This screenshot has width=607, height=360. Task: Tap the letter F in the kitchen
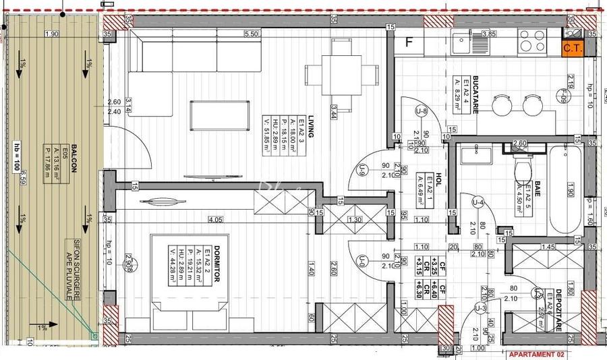point(408,42)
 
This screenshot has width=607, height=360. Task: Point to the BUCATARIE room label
point(475,94)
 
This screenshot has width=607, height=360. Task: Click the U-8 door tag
point(422,111)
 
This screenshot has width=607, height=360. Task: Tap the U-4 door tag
point(478,202)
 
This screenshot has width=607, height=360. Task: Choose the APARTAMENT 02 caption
point(536,354)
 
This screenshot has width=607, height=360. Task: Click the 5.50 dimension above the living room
point(252,33)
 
